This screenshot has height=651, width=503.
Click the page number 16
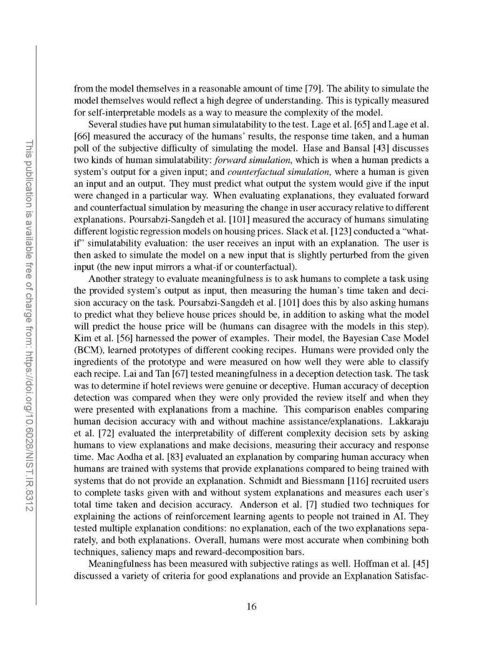coord(251,606)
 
